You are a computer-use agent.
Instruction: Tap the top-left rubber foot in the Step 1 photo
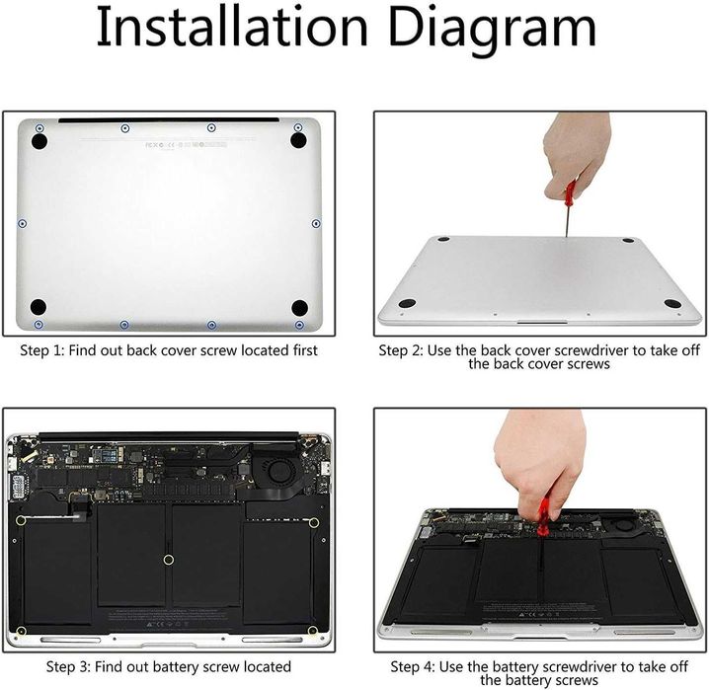click(39, 141)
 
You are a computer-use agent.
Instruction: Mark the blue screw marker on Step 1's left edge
click(22, 223)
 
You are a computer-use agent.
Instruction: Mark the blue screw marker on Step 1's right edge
click(314, 223)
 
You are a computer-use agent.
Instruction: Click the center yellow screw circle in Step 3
click(168, 559)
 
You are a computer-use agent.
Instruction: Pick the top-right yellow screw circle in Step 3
click(313, 521)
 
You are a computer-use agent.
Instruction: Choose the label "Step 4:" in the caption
click(415, 667)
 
